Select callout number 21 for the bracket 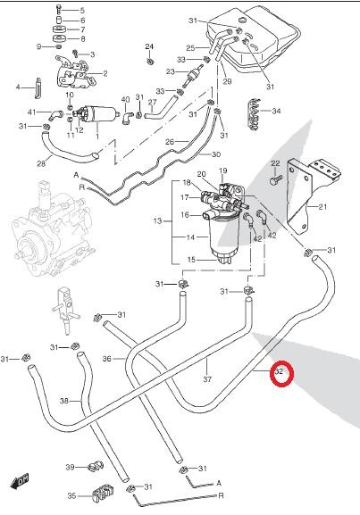click(x=322, y=206)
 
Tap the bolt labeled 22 click(x=276, y=179)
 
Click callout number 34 click(x=276, y=111)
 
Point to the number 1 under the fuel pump click(x=97, y=136)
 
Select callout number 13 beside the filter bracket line click(x=157, y=220)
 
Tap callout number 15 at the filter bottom click(x=192, y=260)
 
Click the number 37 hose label click(x=207, y=379)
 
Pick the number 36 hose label click(x=107, y=359)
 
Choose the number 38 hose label click(x=64, y=401)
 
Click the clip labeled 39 click(x=96, y=466)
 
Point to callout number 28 click(x=41, y=163)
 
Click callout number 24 click(x=149, y=46)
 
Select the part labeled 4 click(x=38, y=88)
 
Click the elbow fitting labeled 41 click(x=55, y=114)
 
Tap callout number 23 click(x=171, y=71)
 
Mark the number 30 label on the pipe click(x=216, y=154)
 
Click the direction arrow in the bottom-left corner click(x=20, y=480)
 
